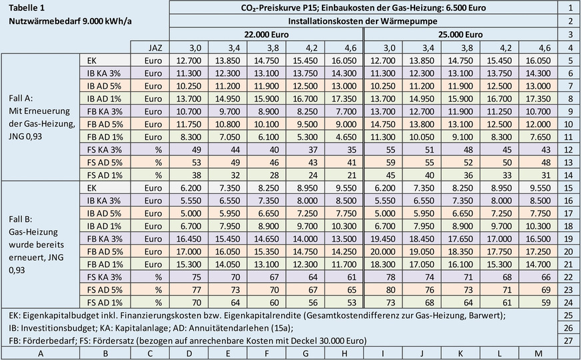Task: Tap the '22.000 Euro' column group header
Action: tap(267, 34)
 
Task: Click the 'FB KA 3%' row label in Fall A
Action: tap(105, 111)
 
